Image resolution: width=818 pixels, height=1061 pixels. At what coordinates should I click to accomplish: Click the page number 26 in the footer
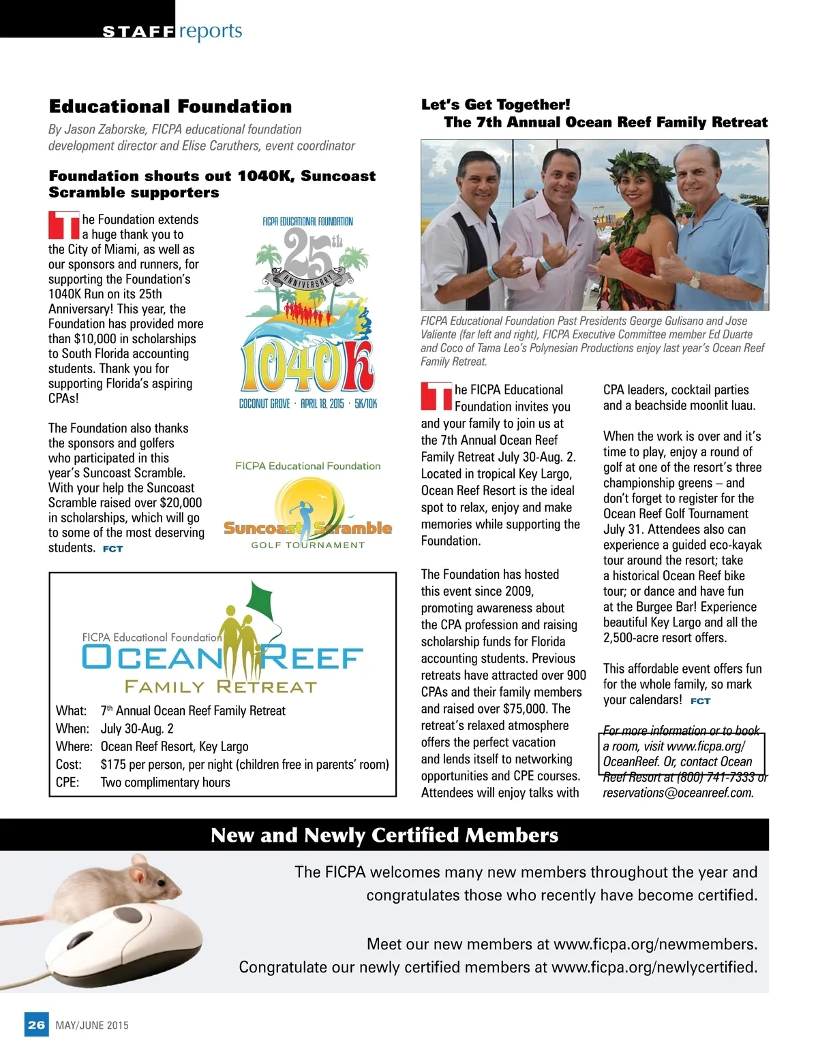(36, 1024)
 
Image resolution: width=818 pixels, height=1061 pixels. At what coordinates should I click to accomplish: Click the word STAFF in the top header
(138, 31)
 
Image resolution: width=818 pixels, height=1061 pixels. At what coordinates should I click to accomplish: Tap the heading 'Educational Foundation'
(170, 106)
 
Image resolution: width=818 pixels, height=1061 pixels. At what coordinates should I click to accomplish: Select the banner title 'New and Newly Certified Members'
(384, 835)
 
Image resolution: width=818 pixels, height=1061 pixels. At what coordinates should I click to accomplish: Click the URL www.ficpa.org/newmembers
(654, 944)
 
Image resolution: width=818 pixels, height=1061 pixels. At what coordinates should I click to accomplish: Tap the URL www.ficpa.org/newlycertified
(654, 967)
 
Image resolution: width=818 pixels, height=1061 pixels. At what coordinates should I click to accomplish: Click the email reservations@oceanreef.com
(678, 793)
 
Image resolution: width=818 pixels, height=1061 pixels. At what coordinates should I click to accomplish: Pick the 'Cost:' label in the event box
(69, 764)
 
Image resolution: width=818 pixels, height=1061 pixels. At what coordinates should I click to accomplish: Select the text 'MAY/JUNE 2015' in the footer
(92, 1025)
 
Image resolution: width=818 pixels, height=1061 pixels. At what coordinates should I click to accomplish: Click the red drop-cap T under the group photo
(436, 396)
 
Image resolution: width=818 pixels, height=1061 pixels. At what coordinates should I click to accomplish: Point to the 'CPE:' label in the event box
(67, 782)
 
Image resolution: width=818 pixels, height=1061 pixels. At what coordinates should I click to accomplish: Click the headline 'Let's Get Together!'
(496, 105)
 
